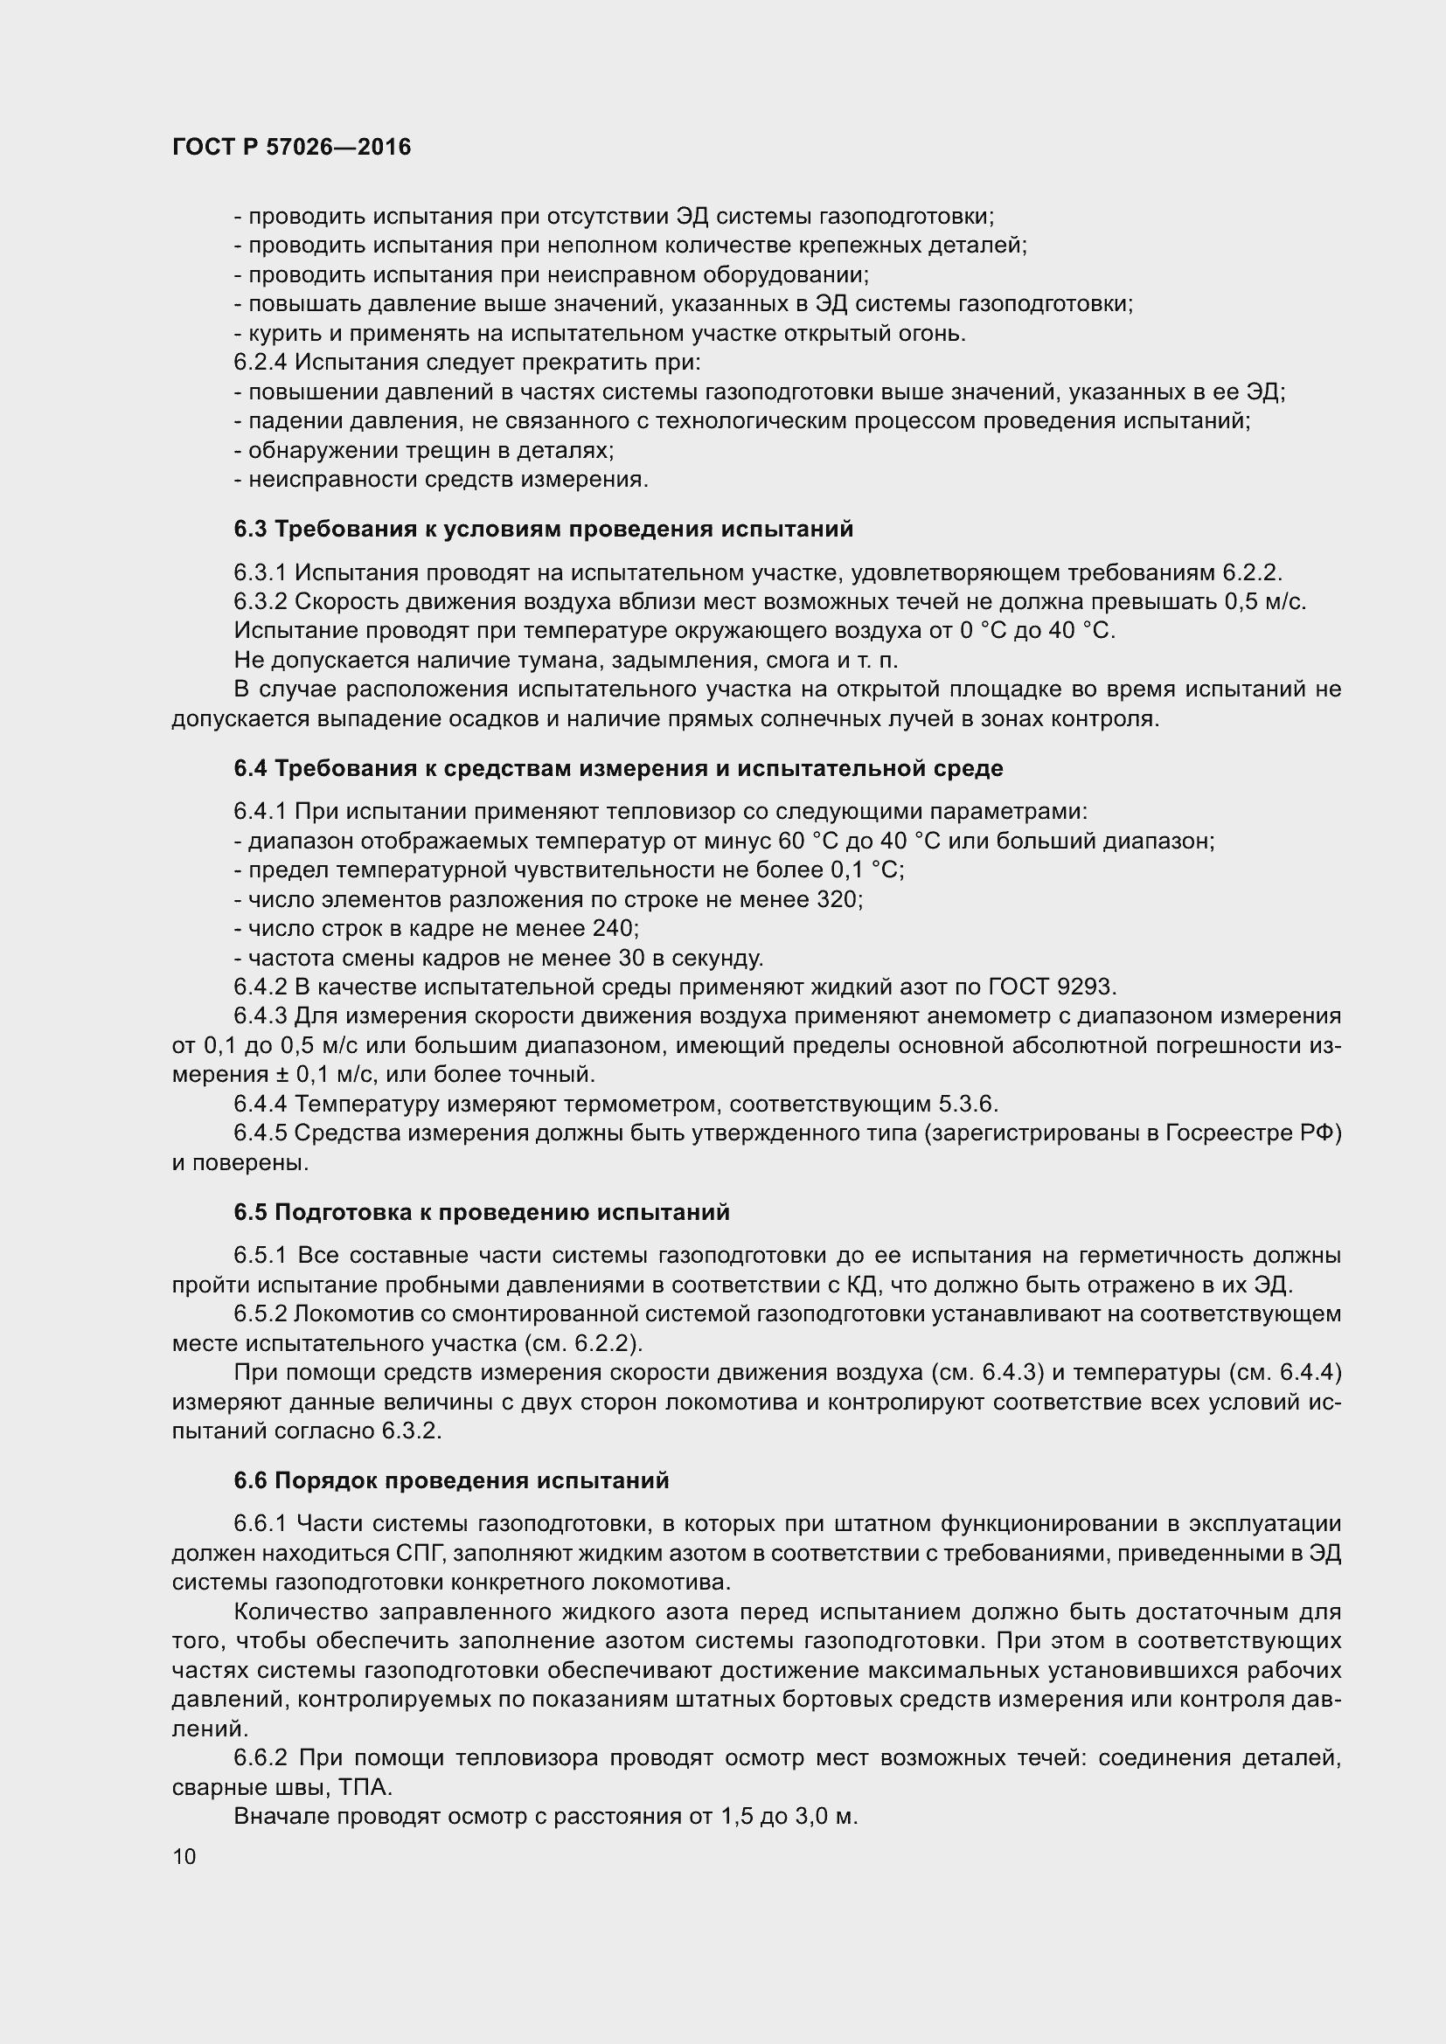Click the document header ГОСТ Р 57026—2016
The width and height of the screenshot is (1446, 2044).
click(291, 148)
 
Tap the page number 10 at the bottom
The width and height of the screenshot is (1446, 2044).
click(184, 1856)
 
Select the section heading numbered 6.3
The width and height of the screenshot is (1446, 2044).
click(543, 529)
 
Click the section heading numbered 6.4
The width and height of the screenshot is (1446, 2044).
click(618, 768)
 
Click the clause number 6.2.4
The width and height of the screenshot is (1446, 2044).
click(261, 363)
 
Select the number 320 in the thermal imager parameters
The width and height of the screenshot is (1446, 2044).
click(838, 899)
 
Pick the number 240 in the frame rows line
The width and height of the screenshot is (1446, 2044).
click(614, 929)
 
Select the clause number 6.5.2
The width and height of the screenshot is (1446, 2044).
click(261, 1314)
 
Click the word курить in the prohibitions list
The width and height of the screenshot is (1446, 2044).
click(278, 334)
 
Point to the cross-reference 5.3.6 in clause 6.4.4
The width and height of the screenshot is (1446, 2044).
click(968, 1104)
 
